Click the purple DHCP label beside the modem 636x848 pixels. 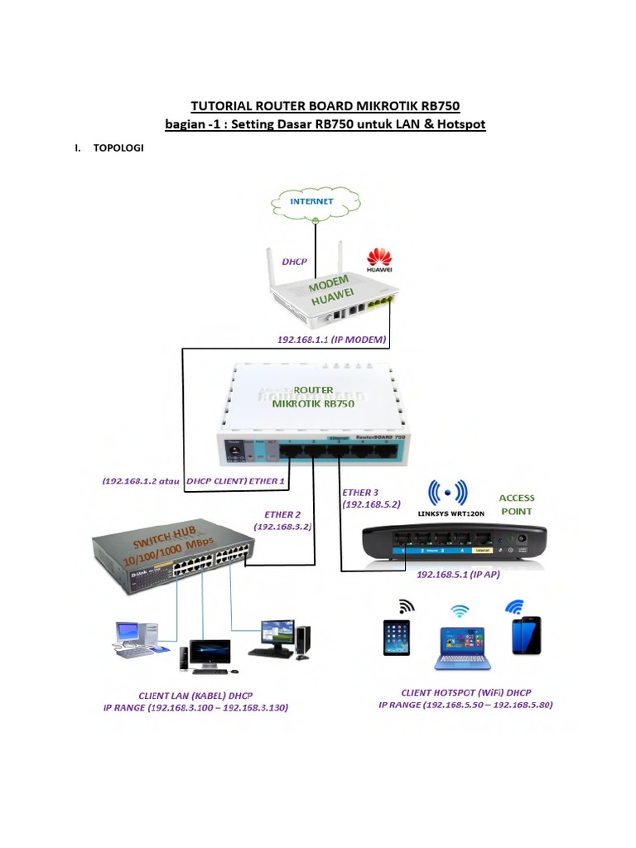click(294, 262)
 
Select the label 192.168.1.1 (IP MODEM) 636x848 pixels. click(332, 340)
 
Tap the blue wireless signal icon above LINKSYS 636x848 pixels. click(448, 493)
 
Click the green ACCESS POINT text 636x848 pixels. click(517, 504)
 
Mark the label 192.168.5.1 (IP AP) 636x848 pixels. click(457, 574)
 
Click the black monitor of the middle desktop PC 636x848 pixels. click(210, 652)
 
